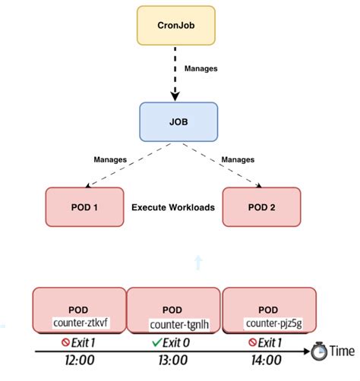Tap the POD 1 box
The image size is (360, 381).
pos(84,207)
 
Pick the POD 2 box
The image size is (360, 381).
pos(261,207)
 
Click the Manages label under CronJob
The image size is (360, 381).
pos(201,69)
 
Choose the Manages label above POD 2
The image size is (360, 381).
pos(237,160)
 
